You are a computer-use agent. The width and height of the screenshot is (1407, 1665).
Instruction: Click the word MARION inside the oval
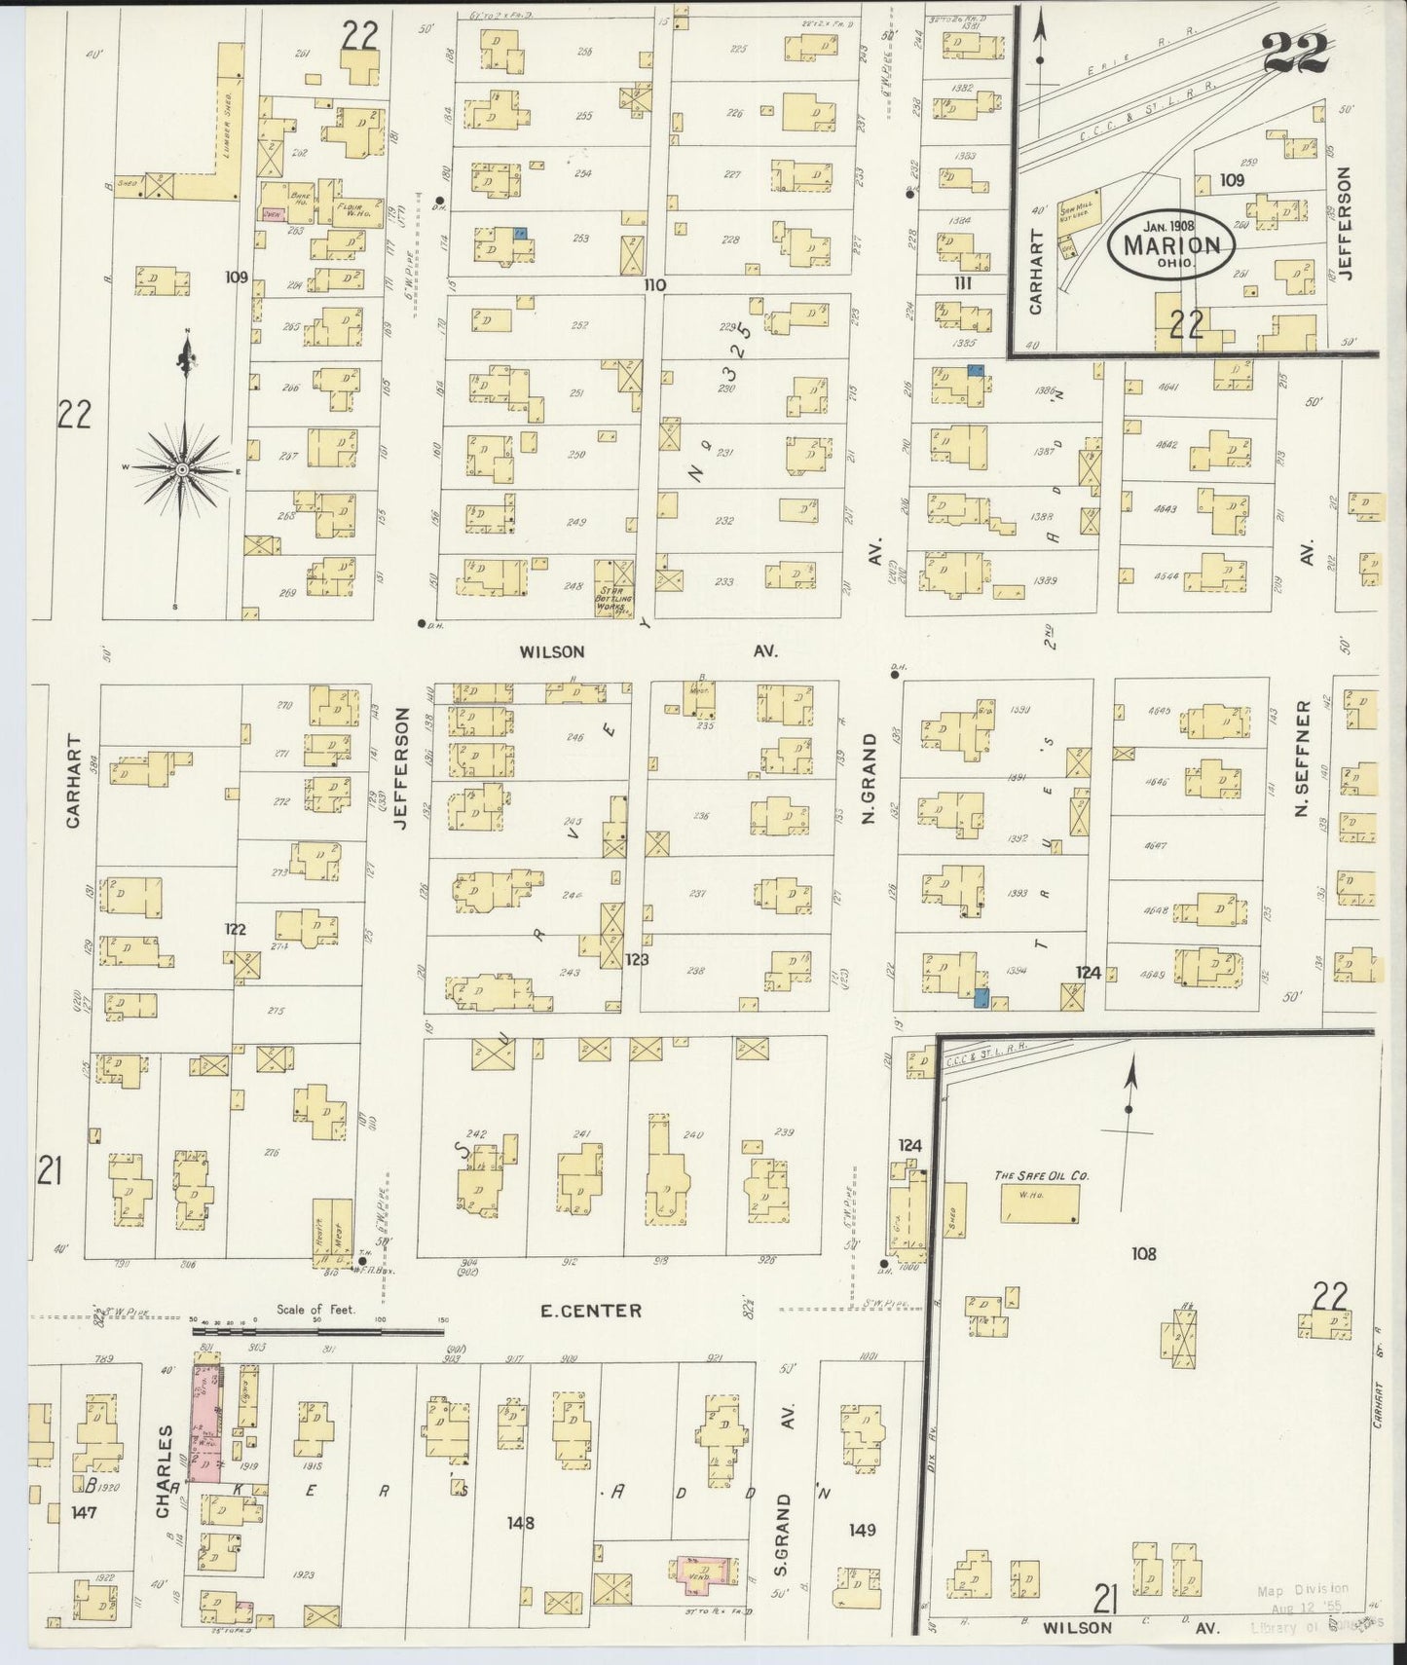(1171, 244)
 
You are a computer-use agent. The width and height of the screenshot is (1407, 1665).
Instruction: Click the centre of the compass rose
(181, 470)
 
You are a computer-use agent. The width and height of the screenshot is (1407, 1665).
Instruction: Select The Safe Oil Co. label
(1041, 1175)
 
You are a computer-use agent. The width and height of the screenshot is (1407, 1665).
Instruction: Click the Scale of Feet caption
(316, 1310)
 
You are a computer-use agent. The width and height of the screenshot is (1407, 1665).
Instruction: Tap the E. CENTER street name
(591, 1310)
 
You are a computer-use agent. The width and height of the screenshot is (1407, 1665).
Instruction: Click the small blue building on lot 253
(521, 234)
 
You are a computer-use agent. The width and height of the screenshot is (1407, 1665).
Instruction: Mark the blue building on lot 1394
(981, 996)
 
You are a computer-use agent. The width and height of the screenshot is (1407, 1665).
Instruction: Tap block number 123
(638, 959)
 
